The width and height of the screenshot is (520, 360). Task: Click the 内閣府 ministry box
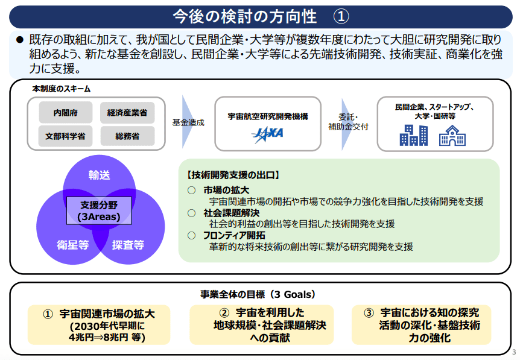click(65, 112)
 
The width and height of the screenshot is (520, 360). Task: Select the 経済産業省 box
click(127, 112)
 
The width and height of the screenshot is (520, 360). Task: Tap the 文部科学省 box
click(65, 136)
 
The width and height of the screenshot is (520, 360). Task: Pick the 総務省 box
click(127, 136)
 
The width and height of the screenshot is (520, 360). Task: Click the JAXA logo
click(268, 134)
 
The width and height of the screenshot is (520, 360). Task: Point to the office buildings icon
click(414, 135)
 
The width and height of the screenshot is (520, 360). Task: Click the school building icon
click(452, 135)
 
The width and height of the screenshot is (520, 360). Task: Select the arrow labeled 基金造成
click(188, 122)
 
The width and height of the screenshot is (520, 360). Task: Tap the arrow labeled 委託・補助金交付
click(347, 124)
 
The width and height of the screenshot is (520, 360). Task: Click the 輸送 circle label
click(99, 175)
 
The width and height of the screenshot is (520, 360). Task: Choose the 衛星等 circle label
click(73, 245)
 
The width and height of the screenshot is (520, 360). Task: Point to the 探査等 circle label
click(128, 245)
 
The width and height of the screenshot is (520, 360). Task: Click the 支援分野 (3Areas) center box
click(99, 211)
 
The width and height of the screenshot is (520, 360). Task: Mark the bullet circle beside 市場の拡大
click(191, 191)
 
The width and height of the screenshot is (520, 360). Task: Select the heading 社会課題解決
click(232, 213)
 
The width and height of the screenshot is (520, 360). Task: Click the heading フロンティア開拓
click(234, 235)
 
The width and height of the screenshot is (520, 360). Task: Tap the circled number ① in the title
click(341, 16)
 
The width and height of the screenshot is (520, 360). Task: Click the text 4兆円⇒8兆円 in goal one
click(98, 338)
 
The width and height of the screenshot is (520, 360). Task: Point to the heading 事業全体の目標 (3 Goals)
click(258, 294)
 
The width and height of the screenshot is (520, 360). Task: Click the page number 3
click(515, 352)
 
